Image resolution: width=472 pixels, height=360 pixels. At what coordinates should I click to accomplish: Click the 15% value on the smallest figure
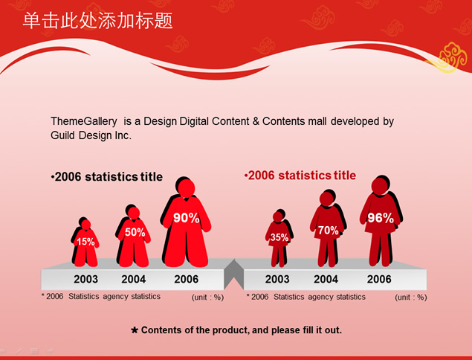(85, 242)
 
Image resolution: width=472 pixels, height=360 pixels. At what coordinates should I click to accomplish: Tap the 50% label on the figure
(135, 232)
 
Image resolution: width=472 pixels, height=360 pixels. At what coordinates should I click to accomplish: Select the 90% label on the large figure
(186, 218)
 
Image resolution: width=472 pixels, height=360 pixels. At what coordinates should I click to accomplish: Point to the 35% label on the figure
(279, 237)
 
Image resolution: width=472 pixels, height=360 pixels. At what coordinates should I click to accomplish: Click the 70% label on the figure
(328, 231)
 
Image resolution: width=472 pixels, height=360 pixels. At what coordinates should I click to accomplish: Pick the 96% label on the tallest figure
(381, 218)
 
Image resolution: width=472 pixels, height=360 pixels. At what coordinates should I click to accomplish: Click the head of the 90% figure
(187, 188)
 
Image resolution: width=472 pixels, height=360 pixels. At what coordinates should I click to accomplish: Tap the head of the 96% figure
(379, 186)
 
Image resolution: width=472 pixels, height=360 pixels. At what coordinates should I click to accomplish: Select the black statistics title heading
(107, 176)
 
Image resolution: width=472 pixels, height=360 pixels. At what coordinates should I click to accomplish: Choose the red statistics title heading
(300, 176)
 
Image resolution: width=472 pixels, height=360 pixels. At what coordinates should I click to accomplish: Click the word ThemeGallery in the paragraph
(84, 121)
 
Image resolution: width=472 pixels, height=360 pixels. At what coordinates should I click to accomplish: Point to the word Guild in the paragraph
(63, 135)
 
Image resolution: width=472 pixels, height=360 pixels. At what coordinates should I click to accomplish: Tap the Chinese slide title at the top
(98, 21)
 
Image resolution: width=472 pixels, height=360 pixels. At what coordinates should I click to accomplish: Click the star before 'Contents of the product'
(135, 330)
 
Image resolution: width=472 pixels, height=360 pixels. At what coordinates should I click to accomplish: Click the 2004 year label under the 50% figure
(133, 279)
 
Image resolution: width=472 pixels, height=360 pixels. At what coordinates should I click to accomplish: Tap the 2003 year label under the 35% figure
(277, 279)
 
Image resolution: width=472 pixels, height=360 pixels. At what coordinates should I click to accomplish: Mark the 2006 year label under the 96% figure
(379, 279)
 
